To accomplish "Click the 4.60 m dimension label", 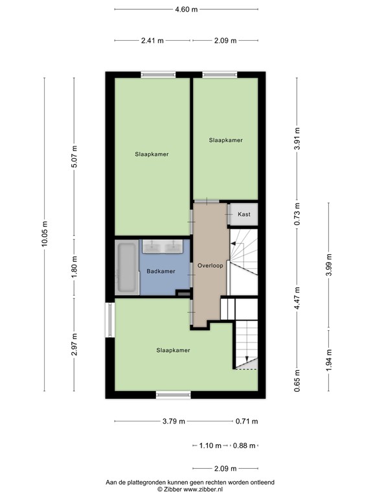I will pos(186,9).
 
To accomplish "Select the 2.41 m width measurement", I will pos(152,40).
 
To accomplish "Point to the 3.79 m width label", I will pos(173,421).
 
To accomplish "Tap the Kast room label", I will pos(244,214).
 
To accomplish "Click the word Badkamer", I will pos(161,271).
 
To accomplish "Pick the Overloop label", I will pos(210,266).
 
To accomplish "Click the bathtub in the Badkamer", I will pos(127,268).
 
